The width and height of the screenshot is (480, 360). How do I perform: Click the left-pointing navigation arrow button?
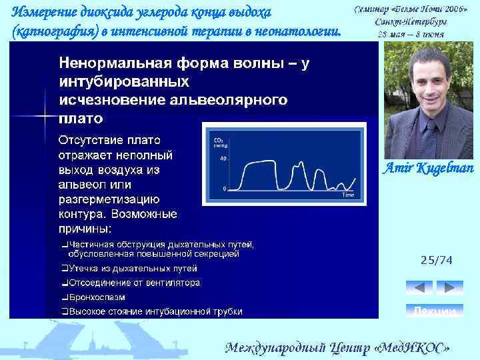click(419, 288)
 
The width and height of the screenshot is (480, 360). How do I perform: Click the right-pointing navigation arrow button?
click(449, 288)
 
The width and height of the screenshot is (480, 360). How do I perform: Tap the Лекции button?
click(434, 311)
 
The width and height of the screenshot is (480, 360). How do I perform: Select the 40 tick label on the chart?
click(224, 159)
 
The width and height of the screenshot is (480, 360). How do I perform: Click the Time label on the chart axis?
click(347, 195)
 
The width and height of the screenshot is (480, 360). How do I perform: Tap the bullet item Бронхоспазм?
click(93, 297)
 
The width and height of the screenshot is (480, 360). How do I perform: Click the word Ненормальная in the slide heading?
click(109, 64)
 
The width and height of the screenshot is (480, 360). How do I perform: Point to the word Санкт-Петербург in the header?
click(411, 21)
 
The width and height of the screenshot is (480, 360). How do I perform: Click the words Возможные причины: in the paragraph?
click(117, 221)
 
